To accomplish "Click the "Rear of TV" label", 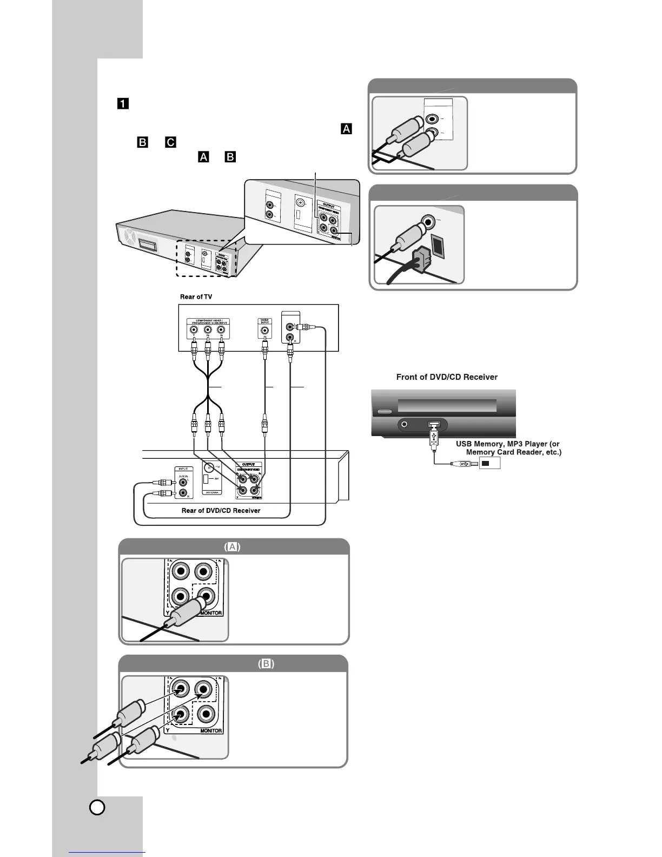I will point(196,297).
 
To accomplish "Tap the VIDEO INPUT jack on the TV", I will point(264,331).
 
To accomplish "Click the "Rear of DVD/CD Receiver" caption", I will point(221,510).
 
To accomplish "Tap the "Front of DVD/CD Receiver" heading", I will point(447,377).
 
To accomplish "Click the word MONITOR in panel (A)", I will point(211,614).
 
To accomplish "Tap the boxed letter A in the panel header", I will point(233,547).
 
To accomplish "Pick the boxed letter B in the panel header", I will point(266,664).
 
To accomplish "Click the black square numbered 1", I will point(123,103).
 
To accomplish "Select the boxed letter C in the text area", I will point(170,142).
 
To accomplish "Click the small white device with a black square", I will point(489,463).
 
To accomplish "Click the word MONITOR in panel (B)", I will point(211,730).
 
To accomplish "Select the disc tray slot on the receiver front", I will point(447,406).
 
